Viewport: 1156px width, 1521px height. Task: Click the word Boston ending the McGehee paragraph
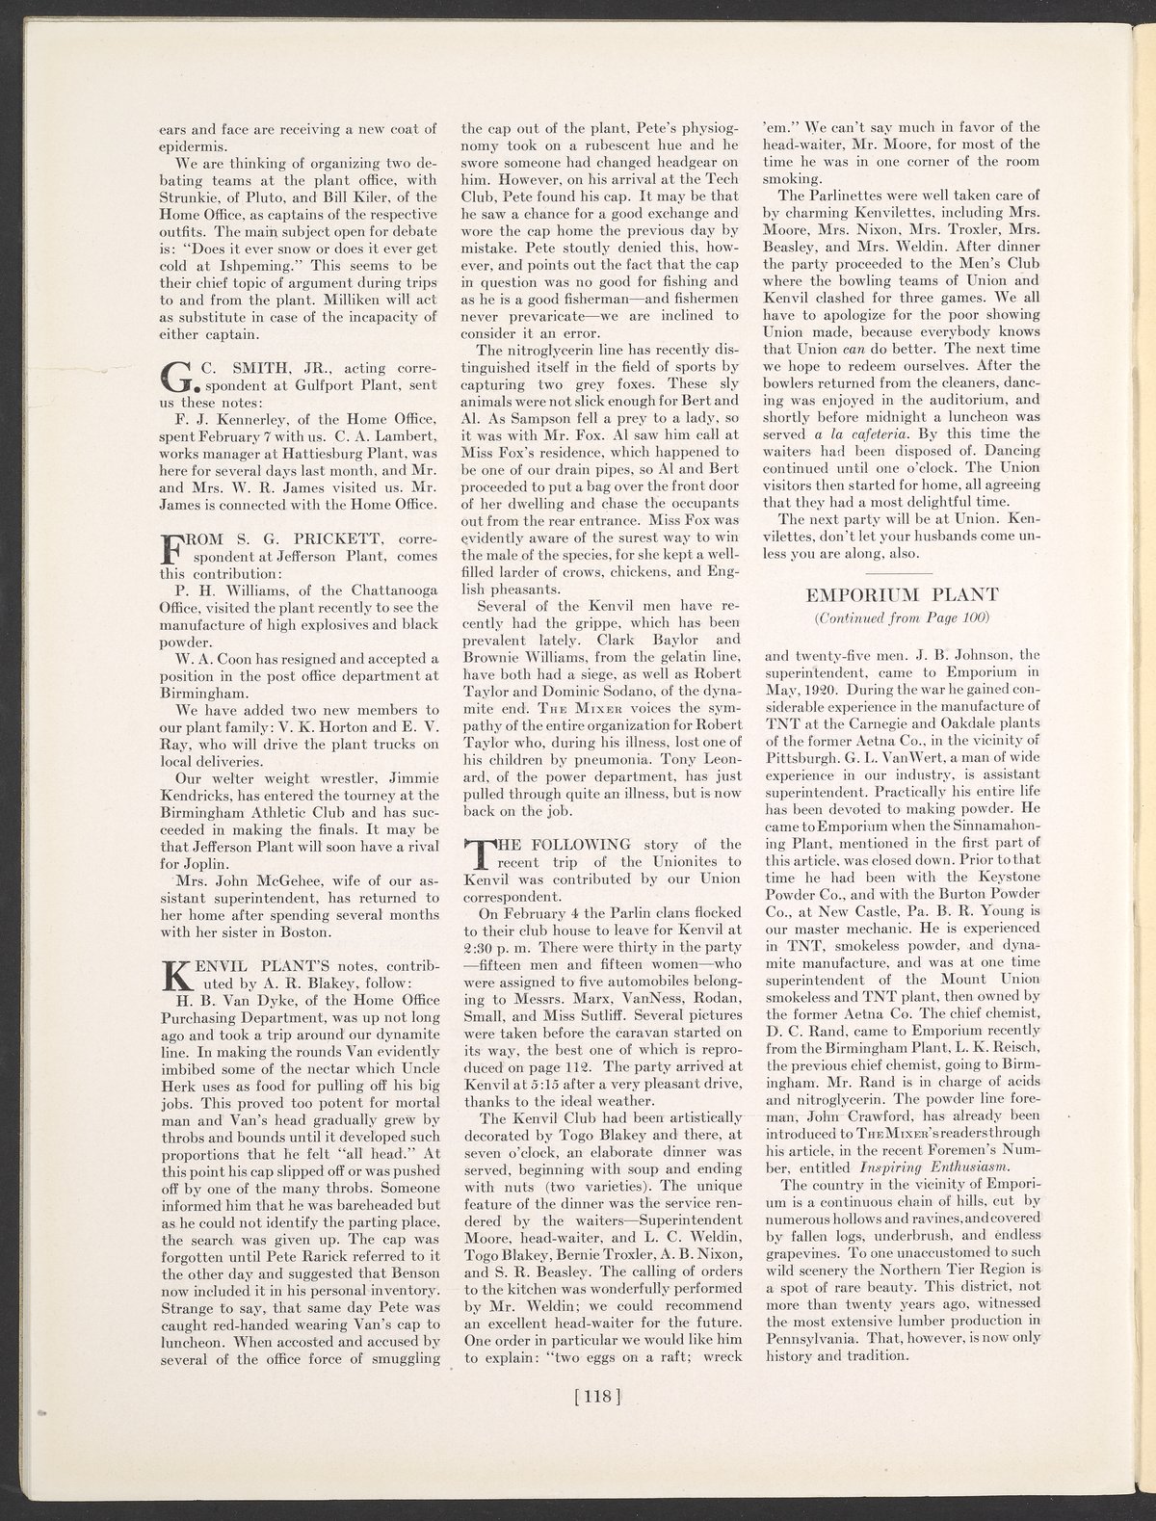(305, 932)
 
